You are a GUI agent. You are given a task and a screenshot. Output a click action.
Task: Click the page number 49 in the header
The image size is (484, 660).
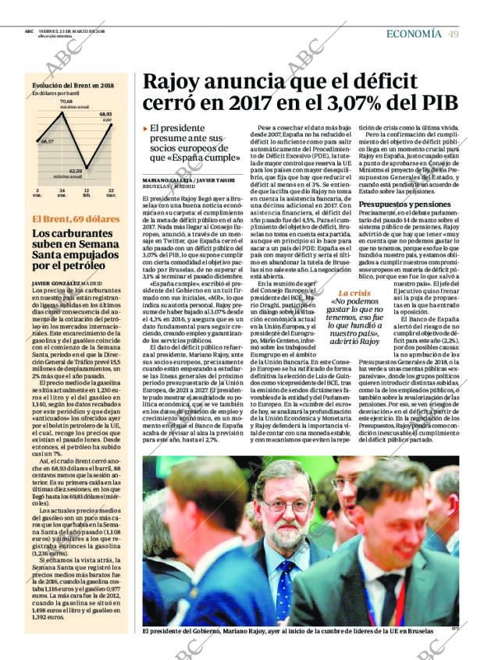click(453, 34)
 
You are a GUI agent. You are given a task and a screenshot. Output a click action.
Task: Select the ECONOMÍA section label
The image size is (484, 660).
click(413, 34)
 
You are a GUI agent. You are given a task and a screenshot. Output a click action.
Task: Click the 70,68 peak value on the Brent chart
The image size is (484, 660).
click(66, 101)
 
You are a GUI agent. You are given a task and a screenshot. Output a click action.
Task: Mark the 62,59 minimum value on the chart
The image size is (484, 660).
click(76, 171)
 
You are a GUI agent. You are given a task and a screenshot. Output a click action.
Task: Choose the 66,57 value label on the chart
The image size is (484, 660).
click(47, 141)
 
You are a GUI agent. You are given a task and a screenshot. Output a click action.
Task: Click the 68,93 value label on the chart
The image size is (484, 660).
click(105, 114)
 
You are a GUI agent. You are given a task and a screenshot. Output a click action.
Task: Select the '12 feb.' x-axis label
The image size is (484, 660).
click(87, 192)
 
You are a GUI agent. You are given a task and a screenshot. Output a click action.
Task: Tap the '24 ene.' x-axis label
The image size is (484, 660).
click(62, 192)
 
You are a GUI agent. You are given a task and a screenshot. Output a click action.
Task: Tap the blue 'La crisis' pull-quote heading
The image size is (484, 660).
click(355, 293)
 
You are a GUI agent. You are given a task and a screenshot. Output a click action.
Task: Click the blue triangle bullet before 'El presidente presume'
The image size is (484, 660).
click(145, 128)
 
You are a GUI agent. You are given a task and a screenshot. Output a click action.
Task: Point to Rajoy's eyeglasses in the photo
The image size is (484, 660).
click(284, 505)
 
